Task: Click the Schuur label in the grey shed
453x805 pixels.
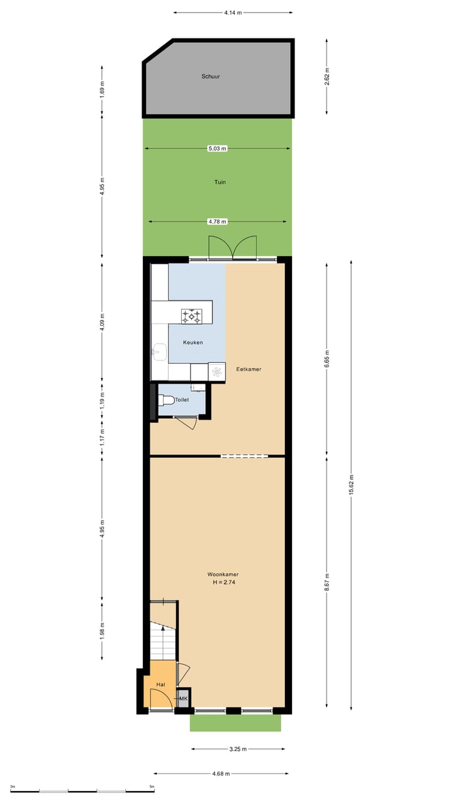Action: click(211, 77)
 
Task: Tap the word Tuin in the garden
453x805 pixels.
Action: click(219, 182)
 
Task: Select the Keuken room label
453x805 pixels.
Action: click(193, 343)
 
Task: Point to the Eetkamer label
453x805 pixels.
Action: click(249, 369)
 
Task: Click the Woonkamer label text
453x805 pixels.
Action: click(223, 574)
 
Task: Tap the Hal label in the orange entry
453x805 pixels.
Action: click(161, 684)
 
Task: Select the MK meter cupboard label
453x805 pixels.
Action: click(184, 699)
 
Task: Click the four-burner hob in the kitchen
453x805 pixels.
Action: click(192, 316)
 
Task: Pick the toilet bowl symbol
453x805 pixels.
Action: click(167, 399)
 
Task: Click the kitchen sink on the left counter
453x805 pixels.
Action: click(159, 353)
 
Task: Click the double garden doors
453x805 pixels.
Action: click(233, 248)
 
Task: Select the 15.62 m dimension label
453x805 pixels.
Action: click(351, 484)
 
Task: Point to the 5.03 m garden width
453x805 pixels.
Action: click(218, 148)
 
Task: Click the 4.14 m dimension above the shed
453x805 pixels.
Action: click(233, 12)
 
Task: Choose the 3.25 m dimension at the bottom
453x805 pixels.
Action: click(237, 749)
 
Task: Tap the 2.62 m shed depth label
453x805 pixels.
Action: click(327, 77)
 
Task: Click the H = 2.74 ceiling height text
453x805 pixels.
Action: click(224, 582)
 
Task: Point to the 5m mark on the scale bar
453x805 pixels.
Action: click(152, 787)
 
